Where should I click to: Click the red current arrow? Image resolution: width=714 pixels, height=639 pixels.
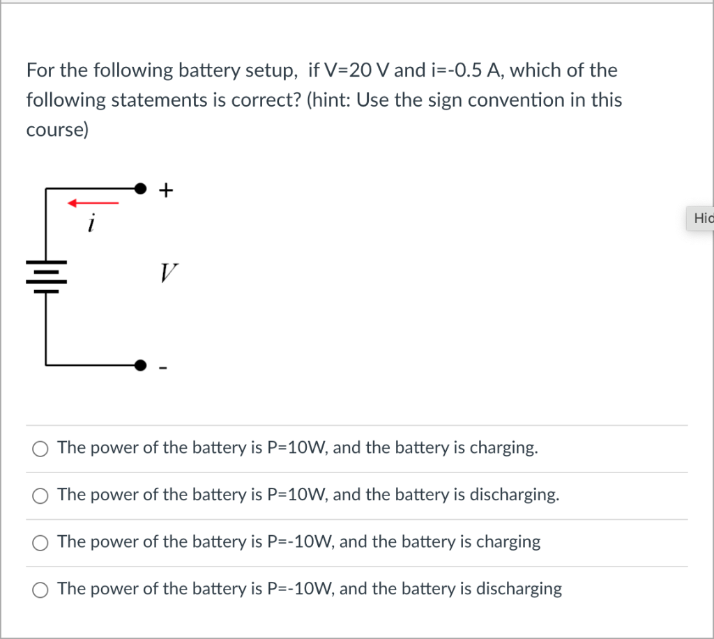coord(93,203)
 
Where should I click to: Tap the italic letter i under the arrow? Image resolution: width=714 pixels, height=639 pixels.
coord(91,224)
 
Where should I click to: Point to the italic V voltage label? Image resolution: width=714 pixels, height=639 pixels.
coord(168,272)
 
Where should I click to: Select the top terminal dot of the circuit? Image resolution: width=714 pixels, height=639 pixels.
coord(141,188)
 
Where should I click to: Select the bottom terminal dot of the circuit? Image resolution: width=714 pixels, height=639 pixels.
coord(141,364)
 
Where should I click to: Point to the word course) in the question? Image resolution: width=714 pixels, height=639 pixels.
coord(57,130)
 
